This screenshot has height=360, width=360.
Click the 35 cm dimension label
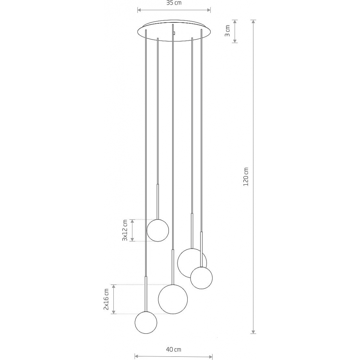click(174, 3)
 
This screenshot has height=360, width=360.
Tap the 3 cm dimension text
click(227, 31)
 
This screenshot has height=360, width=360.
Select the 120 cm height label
click(246, 176)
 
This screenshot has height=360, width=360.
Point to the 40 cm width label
click(174, 350)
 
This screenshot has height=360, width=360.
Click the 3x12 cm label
click(125, 230)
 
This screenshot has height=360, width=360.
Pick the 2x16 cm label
click(106, 299)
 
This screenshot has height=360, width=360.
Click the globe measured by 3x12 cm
click(158, 230)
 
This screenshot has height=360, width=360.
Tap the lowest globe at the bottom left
click(146, 323)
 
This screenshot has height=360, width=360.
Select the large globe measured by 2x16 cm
click(173, 299)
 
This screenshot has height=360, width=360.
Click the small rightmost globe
click(201, 278)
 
